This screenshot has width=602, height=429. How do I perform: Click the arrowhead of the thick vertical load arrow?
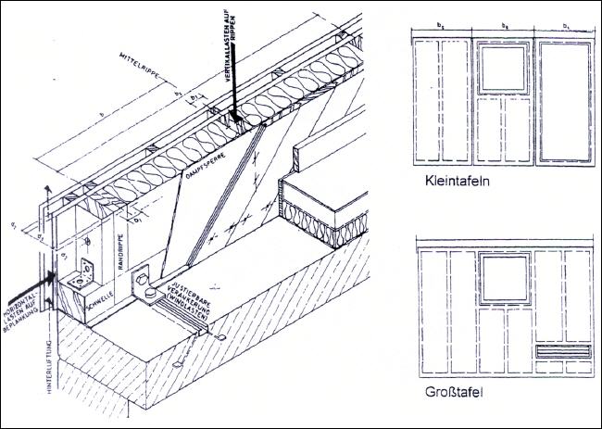point(237,119)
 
